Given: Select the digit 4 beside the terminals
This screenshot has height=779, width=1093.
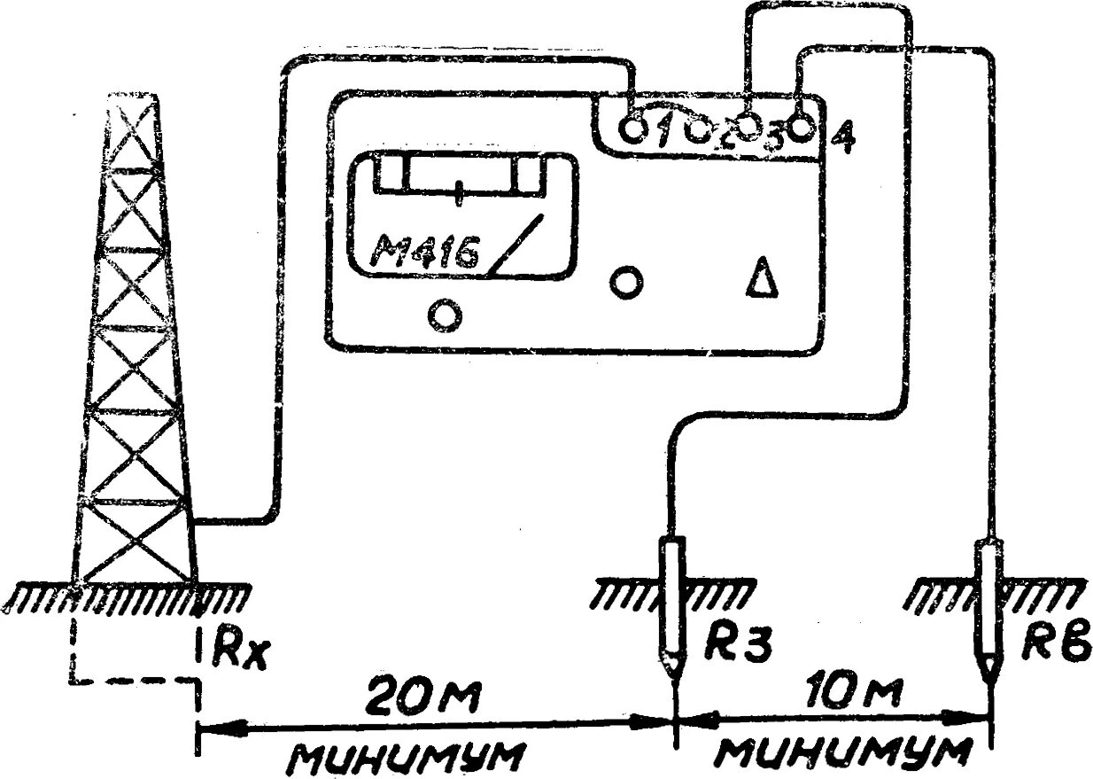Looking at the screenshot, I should coord(844,137).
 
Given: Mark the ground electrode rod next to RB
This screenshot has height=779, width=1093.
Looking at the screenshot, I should coord(988,603).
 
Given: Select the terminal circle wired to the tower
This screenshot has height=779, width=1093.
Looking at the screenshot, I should coord(632,130).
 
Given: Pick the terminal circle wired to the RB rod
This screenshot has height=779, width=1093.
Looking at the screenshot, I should coord(801,128).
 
